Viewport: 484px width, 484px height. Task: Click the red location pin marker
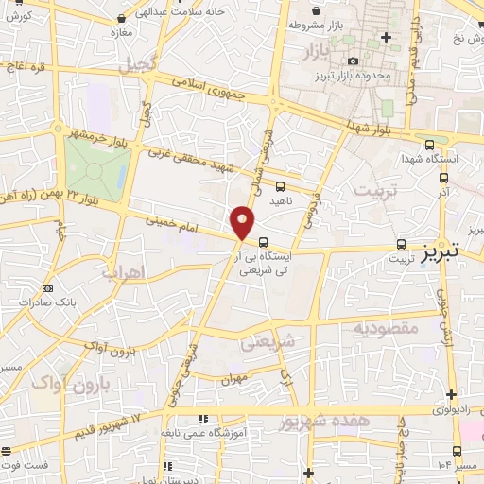(243, 222)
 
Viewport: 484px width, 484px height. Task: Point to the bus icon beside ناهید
(280, 186)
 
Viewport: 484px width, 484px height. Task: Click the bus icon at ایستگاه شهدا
(430, 145)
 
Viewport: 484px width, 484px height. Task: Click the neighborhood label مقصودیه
(386, 328)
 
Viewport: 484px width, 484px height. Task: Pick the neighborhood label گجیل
(133, 64)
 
